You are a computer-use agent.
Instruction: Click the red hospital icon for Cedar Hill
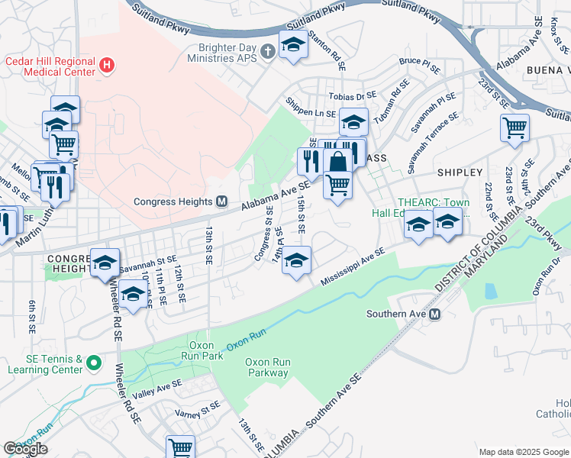(107, 66)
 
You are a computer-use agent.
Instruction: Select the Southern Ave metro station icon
(435, 314)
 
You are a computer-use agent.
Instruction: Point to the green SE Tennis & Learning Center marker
(93, 363)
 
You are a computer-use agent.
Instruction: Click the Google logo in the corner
(26, 449)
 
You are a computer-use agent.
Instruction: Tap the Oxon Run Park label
(205, 350)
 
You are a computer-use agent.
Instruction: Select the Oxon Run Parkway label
(266, 368)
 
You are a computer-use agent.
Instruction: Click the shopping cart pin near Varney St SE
(180, 446)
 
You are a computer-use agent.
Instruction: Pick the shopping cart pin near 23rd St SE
(515, 127)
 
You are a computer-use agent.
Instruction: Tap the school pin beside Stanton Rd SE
(292, 44)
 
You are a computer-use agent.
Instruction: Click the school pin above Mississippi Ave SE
(296, 260)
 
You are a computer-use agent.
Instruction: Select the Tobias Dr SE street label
(353, 96)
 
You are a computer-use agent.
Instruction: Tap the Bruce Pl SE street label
(419, 64)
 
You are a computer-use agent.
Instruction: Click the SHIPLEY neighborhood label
(460, 173)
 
